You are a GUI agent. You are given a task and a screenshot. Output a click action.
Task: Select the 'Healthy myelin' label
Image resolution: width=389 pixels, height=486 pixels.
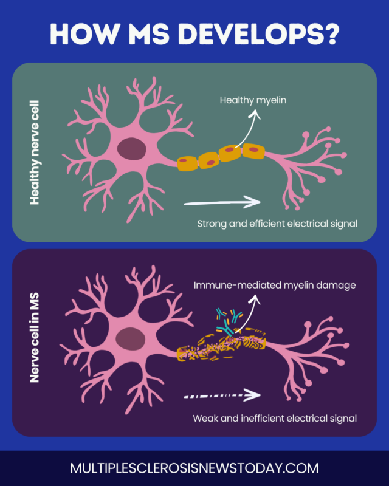[x=252, y=100]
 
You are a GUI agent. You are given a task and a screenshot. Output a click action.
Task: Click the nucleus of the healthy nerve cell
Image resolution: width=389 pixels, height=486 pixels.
[x=129, y=149]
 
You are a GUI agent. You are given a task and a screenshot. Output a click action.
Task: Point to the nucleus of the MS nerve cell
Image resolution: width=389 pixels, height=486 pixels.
[x=129, y=338]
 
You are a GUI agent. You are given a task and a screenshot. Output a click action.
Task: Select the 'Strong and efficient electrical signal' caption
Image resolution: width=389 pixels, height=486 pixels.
[x=277, y=223]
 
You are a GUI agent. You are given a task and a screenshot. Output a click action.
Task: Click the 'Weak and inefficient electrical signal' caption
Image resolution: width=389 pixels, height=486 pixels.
[x=274, y=418]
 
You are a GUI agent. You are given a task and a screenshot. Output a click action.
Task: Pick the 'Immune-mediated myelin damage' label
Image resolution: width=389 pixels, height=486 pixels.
[x=274, y=285]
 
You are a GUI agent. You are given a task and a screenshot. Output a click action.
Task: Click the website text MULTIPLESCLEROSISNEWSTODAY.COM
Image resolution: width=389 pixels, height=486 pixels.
[x=194, y=468]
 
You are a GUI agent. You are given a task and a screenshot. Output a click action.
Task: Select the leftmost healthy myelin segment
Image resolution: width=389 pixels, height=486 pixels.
[x=187, y=162]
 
